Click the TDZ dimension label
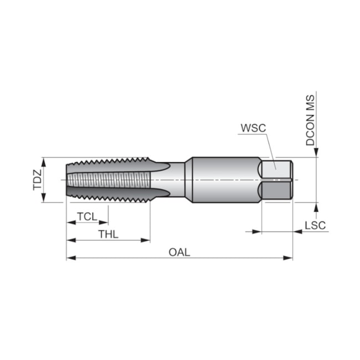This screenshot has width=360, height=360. click(37, 180)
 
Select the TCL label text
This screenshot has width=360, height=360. click(88, 216)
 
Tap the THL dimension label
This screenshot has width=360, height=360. click(108, 234)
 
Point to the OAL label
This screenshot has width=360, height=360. click(179, 252)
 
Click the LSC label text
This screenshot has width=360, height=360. click(315, 225)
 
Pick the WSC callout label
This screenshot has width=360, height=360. click(253, 128)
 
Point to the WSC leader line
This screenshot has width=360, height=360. click(270, 150)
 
